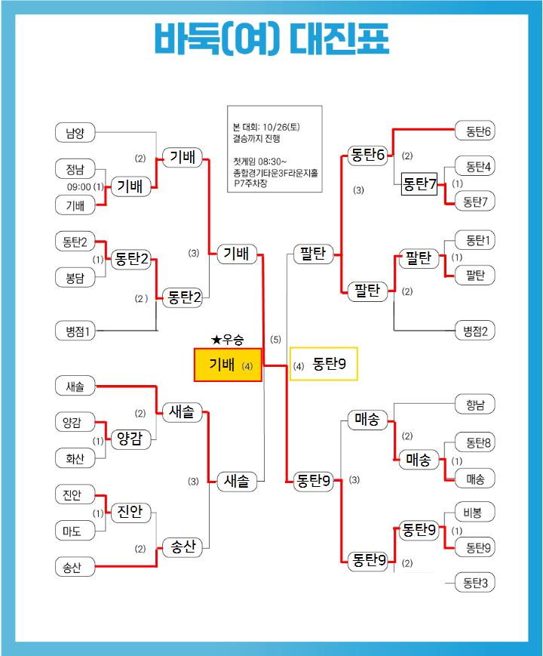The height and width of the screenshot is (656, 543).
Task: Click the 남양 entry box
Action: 75,134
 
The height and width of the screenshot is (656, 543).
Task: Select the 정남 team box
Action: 75,169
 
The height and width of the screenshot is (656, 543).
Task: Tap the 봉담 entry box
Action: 75,278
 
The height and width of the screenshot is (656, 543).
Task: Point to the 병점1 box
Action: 75,331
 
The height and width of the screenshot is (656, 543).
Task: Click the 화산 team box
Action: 75,457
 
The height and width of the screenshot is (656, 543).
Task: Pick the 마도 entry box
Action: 75,531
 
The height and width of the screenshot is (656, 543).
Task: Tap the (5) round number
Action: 276,340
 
